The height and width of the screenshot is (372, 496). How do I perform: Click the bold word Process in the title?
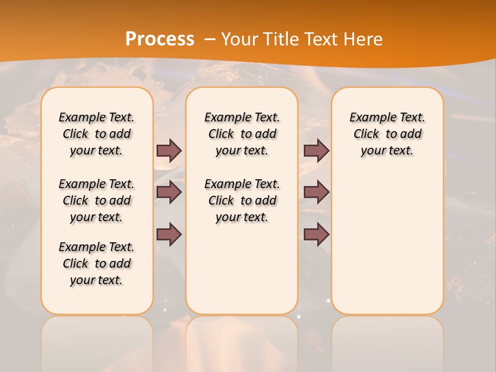pyautogui.click(x=160, y=39)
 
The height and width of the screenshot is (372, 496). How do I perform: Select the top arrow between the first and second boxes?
pyautogui.click(x=169, y=150)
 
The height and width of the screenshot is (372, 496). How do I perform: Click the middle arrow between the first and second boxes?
pyautogui.click(x=169, y=192)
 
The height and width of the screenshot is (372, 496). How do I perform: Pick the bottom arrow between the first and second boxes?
pyautogui.click(x=169, y=234)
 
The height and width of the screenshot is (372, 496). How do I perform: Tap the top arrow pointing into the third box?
pyautogui.click(x=316, y=150)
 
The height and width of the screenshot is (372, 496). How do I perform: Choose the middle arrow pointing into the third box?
pyautogui.click(x=316, y=192)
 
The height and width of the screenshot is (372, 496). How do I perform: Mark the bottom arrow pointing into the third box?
pyautogui.click(x=316, y=234)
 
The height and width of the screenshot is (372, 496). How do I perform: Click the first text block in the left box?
pyautogui.click(x=97, y=134)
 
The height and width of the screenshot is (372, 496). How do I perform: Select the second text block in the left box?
pyautogui.click(x=97, y=200)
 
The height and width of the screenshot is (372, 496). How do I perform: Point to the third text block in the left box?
pyautogui.click(x=97, y=263)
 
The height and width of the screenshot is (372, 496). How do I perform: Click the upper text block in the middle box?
pyautogui.click(x=242, y=134)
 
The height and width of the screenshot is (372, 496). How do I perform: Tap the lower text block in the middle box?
pyautogui.click(x=242, y=200)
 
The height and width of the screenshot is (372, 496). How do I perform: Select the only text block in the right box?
pyautogui.click(x=387, y=134)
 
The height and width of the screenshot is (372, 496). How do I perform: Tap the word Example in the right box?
pyautogui.click(x=369, y=117)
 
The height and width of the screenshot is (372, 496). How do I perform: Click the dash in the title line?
pyautogui.click(x=210, y=39)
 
